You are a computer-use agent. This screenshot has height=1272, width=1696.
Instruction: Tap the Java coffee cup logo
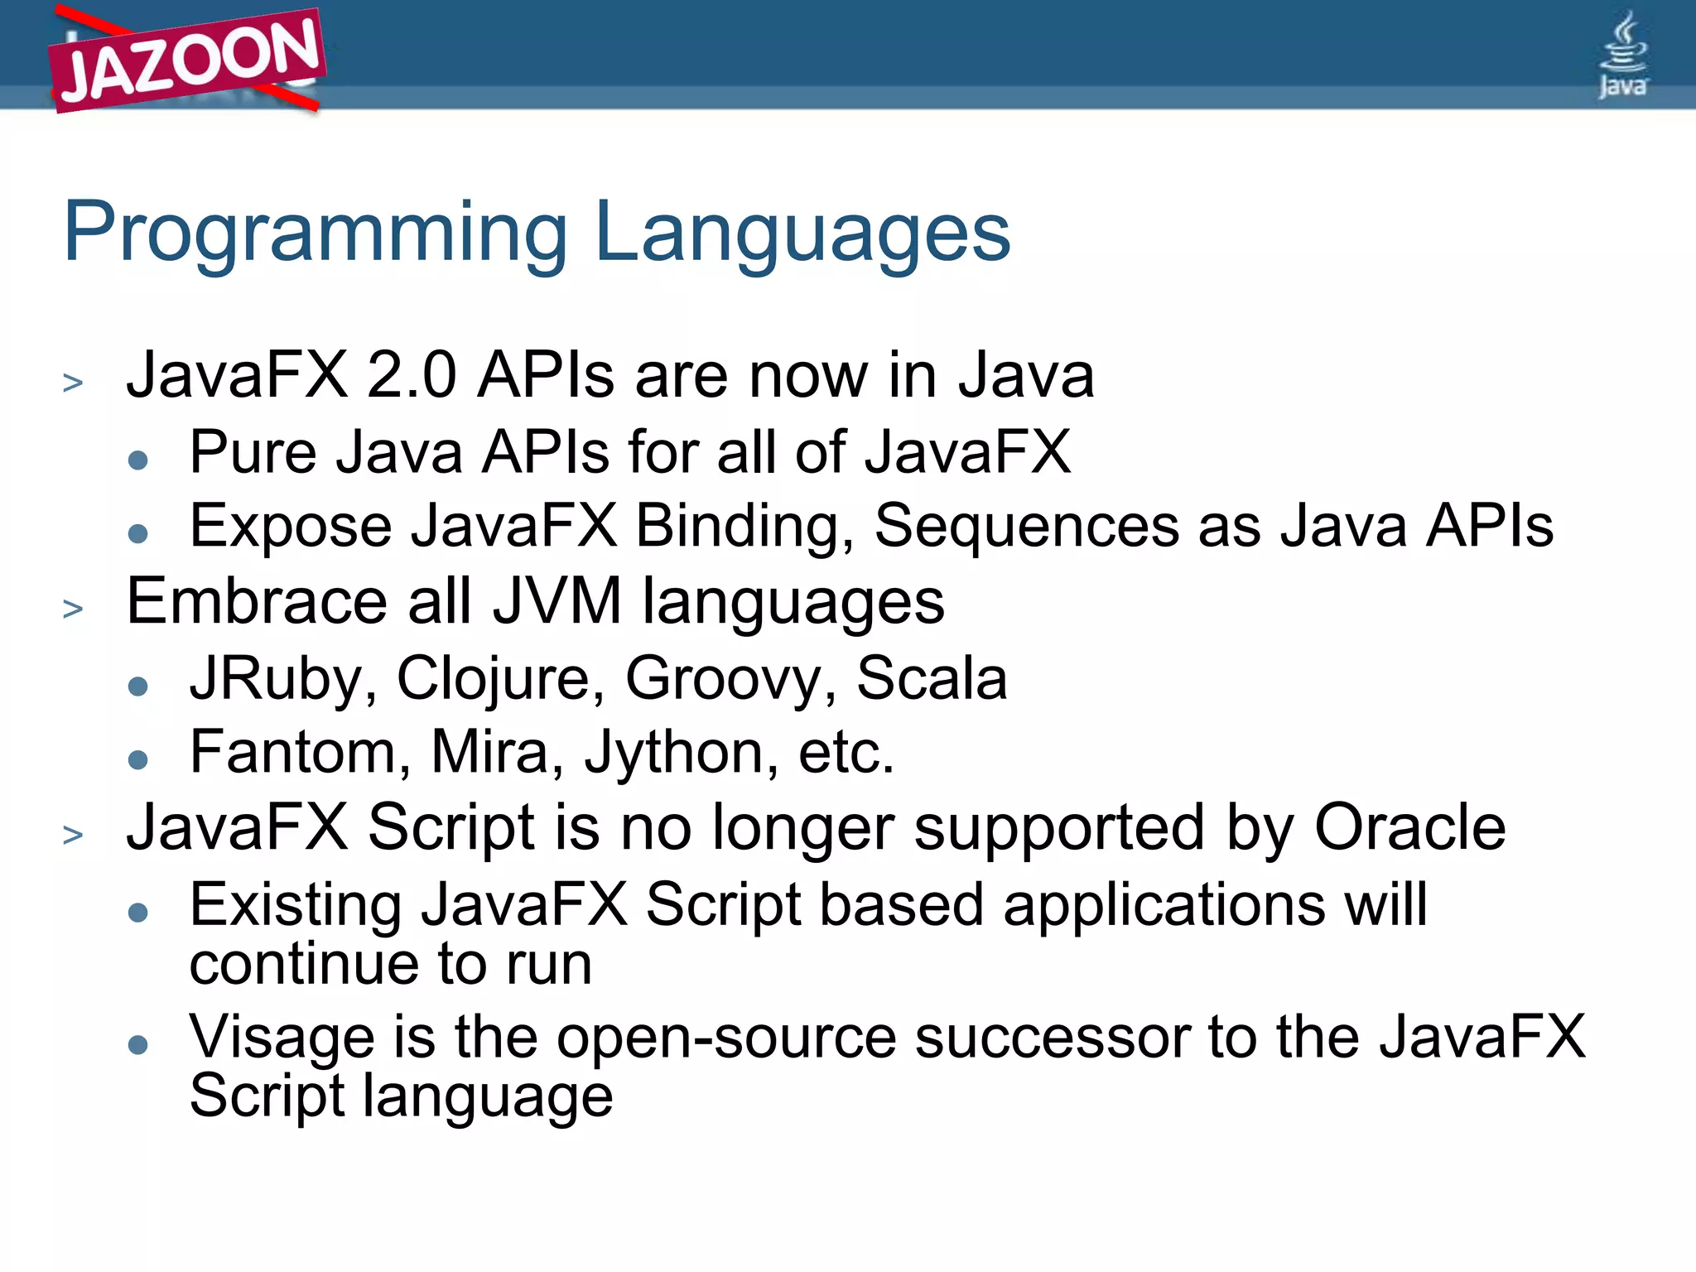(x=1623, y=55)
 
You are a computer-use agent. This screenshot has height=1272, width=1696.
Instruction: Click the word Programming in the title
(x=315, y=234)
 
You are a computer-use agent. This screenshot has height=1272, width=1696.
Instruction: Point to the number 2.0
(x=411, y=376)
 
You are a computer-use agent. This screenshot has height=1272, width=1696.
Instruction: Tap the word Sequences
(x=1026, y=527)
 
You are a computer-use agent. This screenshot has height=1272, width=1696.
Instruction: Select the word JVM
(x=556, y=602)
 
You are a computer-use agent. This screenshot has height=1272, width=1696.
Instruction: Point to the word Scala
(x=931, y=679)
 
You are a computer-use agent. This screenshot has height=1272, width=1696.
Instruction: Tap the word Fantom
(x=300, y=752)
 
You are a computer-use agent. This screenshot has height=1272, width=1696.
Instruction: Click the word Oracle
(x=1409, y=827)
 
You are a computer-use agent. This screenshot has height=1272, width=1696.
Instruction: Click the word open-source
(x=725, y=1038)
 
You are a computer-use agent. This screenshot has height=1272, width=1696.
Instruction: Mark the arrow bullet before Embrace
(x=73, y=609)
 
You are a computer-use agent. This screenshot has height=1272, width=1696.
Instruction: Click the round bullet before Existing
(x=138, y=913)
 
